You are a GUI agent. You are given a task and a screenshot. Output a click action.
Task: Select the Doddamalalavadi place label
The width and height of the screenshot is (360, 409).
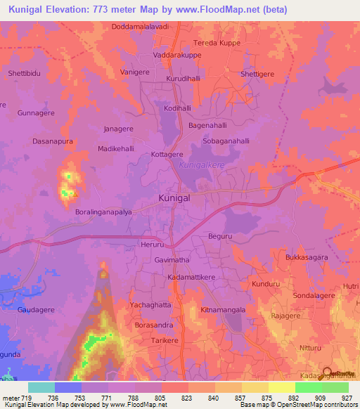[x=141, y=27]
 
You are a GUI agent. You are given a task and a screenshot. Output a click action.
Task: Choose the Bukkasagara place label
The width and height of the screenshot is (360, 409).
[x=307, y=258]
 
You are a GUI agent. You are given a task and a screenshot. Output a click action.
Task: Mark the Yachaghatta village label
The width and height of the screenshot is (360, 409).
[x=150, y=306]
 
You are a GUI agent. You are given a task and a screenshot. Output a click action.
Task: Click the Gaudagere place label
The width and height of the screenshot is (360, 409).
[x=36, y=309]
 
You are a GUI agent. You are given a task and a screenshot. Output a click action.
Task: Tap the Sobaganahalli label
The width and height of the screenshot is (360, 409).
[x=227, y=141]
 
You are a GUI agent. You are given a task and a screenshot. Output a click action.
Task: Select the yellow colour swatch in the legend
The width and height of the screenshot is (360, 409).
[x=282, y=387]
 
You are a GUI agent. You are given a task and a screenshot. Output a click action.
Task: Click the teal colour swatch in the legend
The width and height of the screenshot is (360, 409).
[x=41, y=387]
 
